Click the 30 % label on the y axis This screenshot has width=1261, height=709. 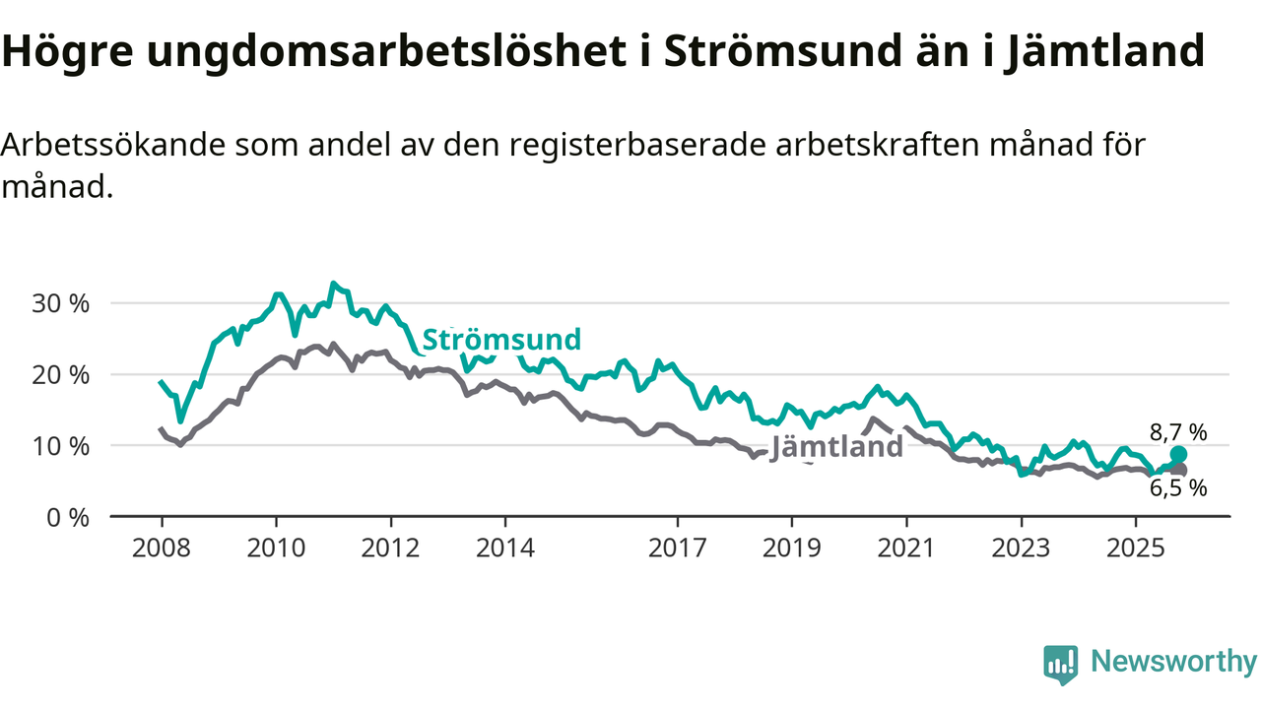click(x=61, y=303)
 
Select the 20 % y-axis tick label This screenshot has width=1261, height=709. click(x=61, y=375)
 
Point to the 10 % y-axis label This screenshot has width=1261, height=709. click(x=61, y=446)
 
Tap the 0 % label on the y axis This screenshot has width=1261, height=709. click(x=68, y=517)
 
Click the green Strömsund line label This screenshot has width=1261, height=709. click(x=501, y=341)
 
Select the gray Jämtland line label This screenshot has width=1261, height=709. click(x=836, y=447)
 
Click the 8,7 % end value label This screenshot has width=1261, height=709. click(x=1178, y=431)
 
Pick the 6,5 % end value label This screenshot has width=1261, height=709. click(x=1178, y=487)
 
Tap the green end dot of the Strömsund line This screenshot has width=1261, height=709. click(x=1178, y=454)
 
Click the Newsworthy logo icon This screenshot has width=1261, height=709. click(x=1061, y=665)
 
